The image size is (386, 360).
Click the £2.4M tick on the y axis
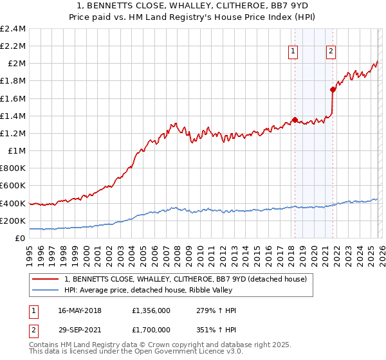pyautogui.click(x=13, y=29)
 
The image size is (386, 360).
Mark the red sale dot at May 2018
pyautogui.click(x=295, y=120)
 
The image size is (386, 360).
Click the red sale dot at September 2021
pyautogui.click(x=333, y=89)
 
